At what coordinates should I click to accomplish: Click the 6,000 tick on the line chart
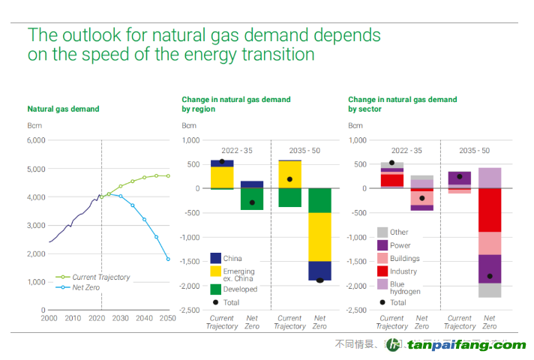click(36, 140)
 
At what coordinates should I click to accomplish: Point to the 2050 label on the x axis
click(167, 319)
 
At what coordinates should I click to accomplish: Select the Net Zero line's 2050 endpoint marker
click(168, 259)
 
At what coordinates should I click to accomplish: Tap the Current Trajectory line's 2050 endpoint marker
click(168, 176)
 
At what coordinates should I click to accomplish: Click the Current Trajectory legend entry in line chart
click(100, 277)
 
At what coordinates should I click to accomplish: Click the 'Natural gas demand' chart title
click(63, 109)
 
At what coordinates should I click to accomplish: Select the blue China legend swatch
click(215, 259)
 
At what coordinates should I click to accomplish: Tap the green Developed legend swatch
click(215, 289)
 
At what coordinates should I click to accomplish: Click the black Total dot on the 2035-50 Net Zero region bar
click(319, 280)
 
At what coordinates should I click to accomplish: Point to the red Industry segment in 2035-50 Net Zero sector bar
click(490, 210)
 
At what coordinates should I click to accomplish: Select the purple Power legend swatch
click(382, 245)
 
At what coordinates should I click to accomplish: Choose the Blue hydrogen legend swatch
click(382, 284)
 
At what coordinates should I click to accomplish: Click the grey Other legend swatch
click(382, 232)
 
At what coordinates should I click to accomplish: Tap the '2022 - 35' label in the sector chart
click(406, 151)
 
